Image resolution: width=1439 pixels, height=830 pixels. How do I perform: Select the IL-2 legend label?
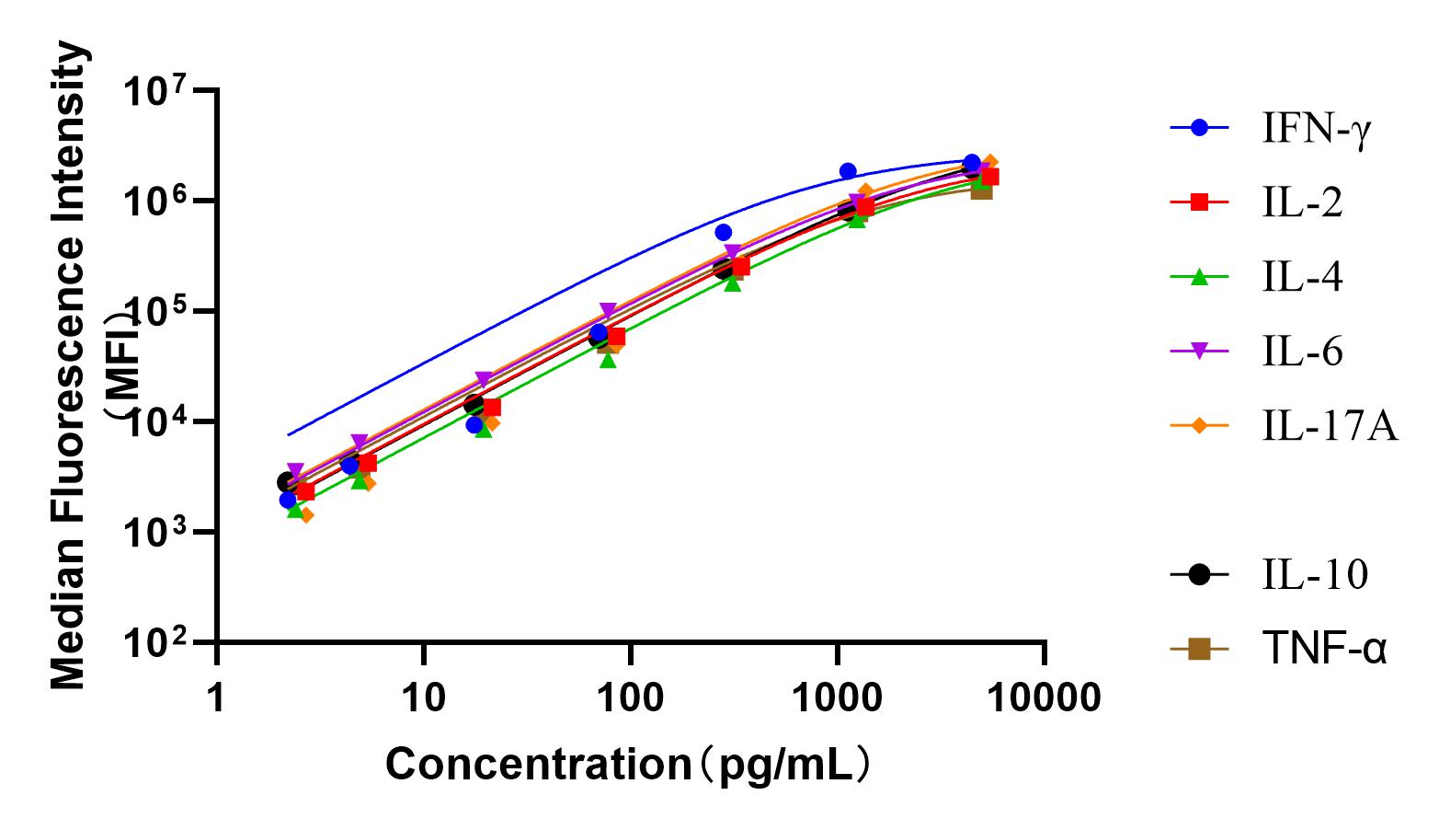1302,204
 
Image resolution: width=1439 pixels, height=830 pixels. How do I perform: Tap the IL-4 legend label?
1302,278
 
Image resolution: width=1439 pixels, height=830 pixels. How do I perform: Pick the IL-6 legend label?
1302,352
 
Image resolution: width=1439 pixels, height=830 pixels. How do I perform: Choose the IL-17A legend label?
1330,426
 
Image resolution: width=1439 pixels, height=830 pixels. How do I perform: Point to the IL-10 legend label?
1315,575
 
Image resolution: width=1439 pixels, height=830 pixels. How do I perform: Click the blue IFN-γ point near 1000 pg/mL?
848,171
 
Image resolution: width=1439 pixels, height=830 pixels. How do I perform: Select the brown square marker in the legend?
1199,650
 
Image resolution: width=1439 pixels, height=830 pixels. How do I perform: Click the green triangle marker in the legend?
1199,278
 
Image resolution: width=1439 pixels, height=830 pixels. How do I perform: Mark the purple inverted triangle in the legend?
1199,352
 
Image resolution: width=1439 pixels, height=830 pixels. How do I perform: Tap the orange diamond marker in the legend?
1199,426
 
